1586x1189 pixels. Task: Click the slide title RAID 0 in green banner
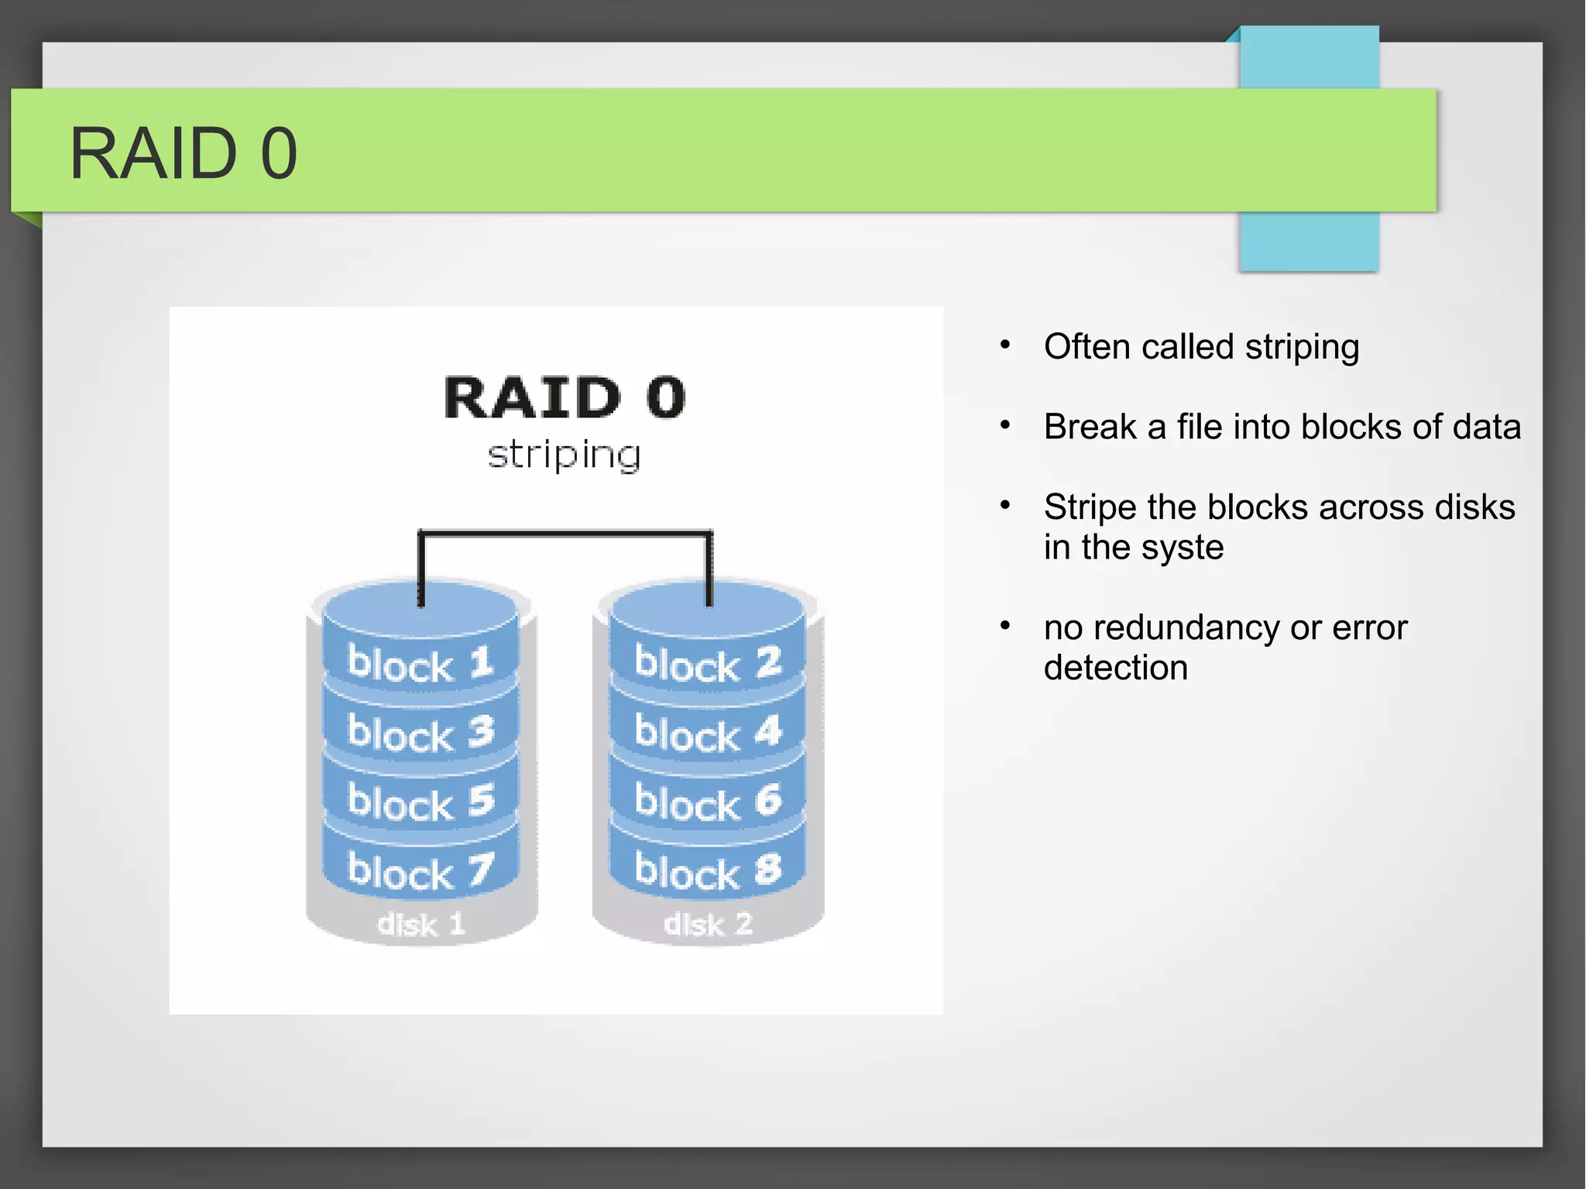coord(183,153)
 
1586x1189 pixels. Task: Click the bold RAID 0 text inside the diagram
coord(564,398)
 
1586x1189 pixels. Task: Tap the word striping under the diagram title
coord(564,455)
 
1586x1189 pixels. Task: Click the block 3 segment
coord(420,733)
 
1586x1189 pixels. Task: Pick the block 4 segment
coord(707,733)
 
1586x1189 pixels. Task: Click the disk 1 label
coord(421,924)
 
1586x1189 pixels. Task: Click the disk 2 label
coord(707,924)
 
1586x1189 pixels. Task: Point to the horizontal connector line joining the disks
coord(564,533)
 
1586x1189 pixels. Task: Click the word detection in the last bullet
coord(1115,668)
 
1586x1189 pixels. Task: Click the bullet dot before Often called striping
coord(1004,345)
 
